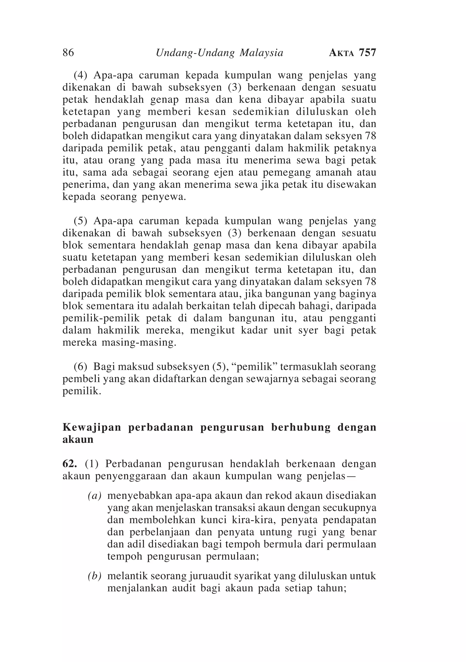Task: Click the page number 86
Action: pyautogui.click(x=68, y=53)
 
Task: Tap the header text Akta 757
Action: pyautogui.click(x=352, y=53)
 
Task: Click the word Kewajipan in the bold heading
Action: pyautogui.click(x=92, y=428)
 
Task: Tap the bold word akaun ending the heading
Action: pyautogui.click(x=78, y=440)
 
